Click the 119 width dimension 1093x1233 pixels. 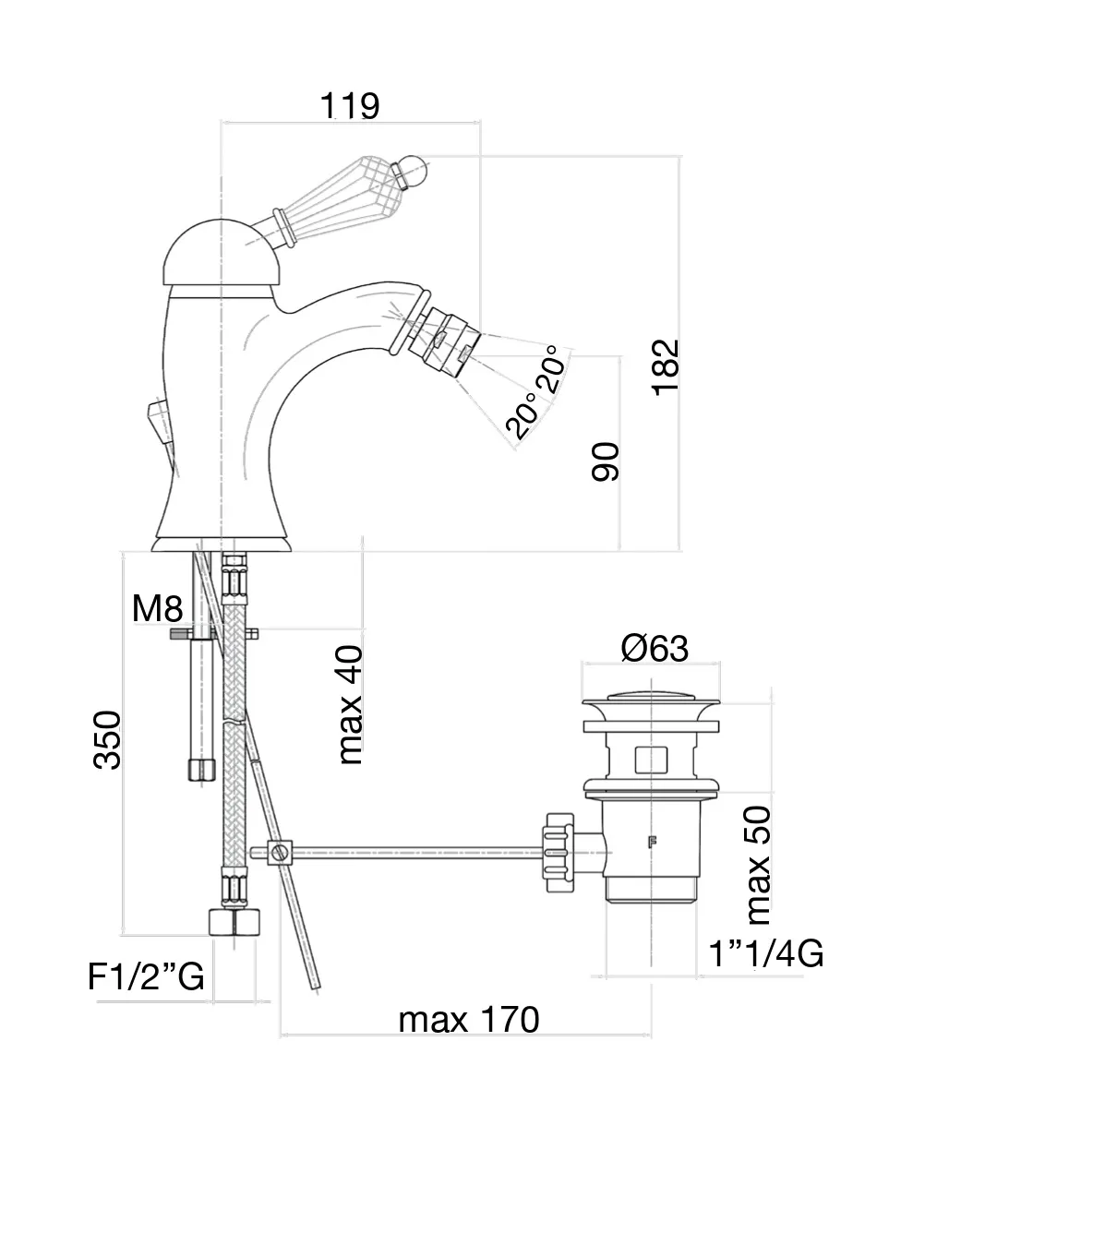[350, 106]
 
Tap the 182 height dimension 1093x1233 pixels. [666, 367]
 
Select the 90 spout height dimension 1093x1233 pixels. [607, 461]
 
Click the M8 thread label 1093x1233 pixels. [158, 609]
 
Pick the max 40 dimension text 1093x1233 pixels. [351, 704]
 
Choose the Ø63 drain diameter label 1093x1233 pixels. [655, 649]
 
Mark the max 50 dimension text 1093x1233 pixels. [758, 865]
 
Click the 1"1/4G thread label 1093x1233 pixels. [766, 953]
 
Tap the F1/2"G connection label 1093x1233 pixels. [146, 976]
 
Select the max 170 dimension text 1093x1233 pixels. [468, 1020]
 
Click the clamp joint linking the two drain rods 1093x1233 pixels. [279, 852]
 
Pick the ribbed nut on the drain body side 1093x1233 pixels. [559, 851]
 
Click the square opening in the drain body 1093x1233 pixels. [652, 760]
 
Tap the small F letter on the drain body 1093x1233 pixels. [652, 841]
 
